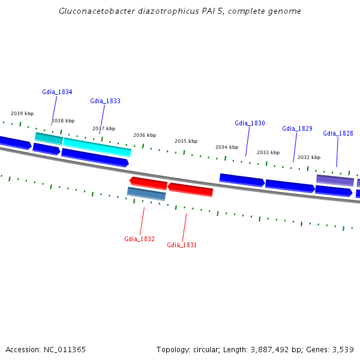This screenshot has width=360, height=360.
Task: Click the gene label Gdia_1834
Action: [x=57, y=92]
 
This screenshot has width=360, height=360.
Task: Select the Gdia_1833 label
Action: [x=105, y=101]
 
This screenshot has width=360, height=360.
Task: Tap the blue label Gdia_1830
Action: [x=250, y=123]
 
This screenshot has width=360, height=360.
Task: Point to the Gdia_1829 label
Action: [x=297, y=128]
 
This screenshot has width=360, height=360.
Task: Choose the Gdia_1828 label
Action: [x=338, y=133]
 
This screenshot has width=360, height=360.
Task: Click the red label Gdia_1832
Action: [x=139, y=239]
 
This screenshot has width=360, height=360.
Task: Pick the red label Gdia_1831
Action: [x=182, y=245]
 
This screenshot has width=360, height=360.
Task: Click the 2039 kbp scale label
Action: [x=22, y=113]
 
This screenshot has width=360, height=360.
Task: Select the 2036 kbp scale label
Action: [x=145, y=135]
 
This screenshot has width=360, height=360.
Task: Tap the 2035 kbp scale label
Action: [x=186, y=141]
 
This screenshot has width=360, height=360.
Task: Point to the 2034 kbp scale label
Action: [x=227, y=147]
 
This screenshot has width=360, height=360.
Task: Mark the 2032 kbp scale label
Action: [x=309, y=157]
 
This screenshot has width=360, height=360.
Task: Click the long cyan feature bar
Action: [x=97, y=146]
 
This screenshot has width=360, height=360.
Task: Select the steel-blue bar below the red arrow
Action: [x=146, y=193]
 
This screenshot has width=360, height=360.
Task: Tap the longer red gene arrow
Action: [x=190, y=190]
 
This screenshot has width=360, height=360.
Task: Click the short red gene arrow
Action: [x=148, y=182]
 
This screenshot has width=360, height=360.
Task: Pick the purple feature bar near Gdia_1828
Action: [x=335, y=180]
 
